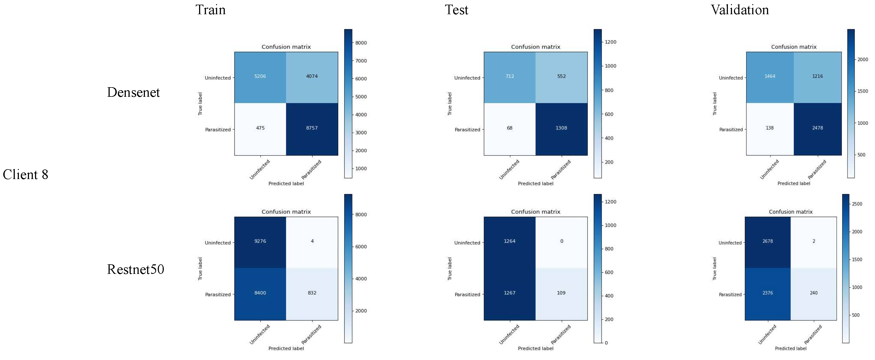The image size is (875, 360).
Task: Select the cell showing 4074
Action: coord(311,76)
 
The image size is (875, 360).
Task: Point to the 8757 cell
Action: coord(311,128)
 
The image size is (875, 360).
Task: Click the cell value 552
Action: coord(561,76)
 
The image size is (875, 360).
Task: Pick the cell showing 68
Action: coord(509,128)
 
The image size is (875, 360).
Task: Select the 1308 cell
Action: coord(561,128)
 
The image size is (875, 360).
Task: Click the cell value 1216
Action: coord(817,76)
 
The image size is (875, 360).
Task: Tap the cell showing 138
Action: coord(769,128)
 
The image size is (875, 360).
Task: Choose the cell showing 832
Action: coord(312,293)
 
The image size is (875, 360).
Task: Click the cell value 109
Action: coord(561,293)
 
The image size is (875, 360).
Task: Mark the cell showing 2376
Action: coord(767,293)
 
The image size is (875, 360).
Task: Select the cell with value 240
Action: coord(813,293)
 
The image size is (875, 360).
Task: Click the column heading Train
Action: coord(210,10)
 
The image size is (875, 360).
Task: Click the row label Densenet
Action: coord(133,92)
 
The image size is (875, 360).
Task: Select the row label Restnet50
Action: coord(136,269)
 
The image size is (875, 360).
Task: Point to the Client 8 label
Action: coord(25,175)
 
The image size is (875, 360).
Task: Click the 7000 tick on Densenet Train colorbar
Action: coord(361,61)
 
